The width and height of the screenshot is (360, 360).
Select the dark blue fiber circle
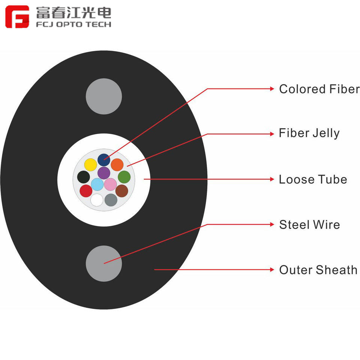(103, 160)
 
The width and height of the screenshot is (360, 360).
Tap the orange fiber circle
(117, 165)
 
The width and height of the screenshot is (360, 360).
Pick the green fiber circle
(124, 177)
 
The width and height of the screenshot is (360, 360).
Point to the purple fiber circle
(103, 173)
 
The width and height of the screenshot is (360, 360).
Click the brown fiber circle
(121, 191)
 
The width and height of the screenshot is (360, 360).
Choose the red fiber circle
(86, 191)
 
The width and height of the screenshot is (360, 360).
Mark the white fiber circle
(97, 200)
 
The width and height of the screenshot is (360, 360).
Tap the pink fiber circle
(110, 184)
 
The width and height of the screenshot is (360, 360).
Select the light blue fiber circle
(97, 184)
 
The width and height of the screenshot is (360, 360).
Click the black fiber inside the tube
(83, 177)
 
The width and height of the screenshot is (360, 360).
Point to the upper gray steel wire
(104, 96)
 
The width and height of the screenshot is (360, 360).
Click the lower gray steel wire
(104, 264)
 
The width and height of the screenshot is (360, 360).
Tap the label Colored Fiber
(319, 89)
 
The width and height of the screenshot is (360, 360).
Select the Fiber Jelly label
(309, 133)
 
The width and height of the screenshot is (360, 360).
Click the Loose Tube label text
(313, 179)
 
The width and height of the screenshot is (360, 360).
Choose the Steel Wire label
(309, 225)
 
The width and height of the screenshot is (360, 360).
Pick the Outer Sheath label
(318, 270)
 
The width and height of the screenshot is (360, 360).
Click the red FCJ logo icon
(17, 17)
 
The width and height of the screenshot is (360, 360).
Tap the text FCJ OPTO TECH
(73, 25)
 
